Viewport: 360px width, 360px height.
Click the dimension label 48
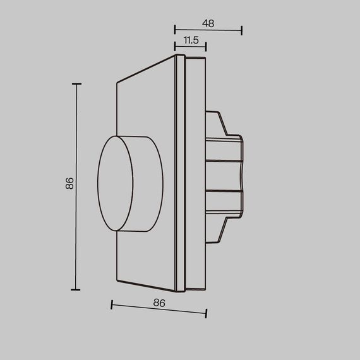[208, 23]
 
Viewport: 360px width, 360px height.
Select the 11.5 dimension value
[191, 40]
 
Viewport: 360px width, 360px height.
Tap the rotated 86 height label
[70, 184]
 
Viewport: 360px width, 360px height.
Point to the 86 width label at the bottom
[159, 303]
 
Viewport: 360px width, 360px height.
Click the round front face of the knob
[116, 183]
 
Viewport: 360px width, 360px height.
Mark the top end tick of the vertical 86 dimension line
[76, 83]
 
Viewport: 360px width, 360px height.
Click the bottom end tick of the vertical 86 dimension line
[76, 289]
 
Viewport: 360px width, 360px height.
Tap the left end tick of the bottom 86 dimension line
[112, 305]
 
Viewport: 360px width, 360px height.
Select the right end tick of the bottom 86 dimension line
[206, 313]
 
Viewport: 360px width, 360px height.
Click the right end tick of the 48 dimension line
[242, 30]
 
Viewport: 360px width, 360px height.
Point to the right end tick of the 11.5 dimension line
[206, 47]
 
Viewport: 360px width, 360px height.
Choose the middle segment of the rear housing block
[224, 176]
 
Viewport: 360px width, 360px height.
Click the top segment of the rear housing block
[224, 149]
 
